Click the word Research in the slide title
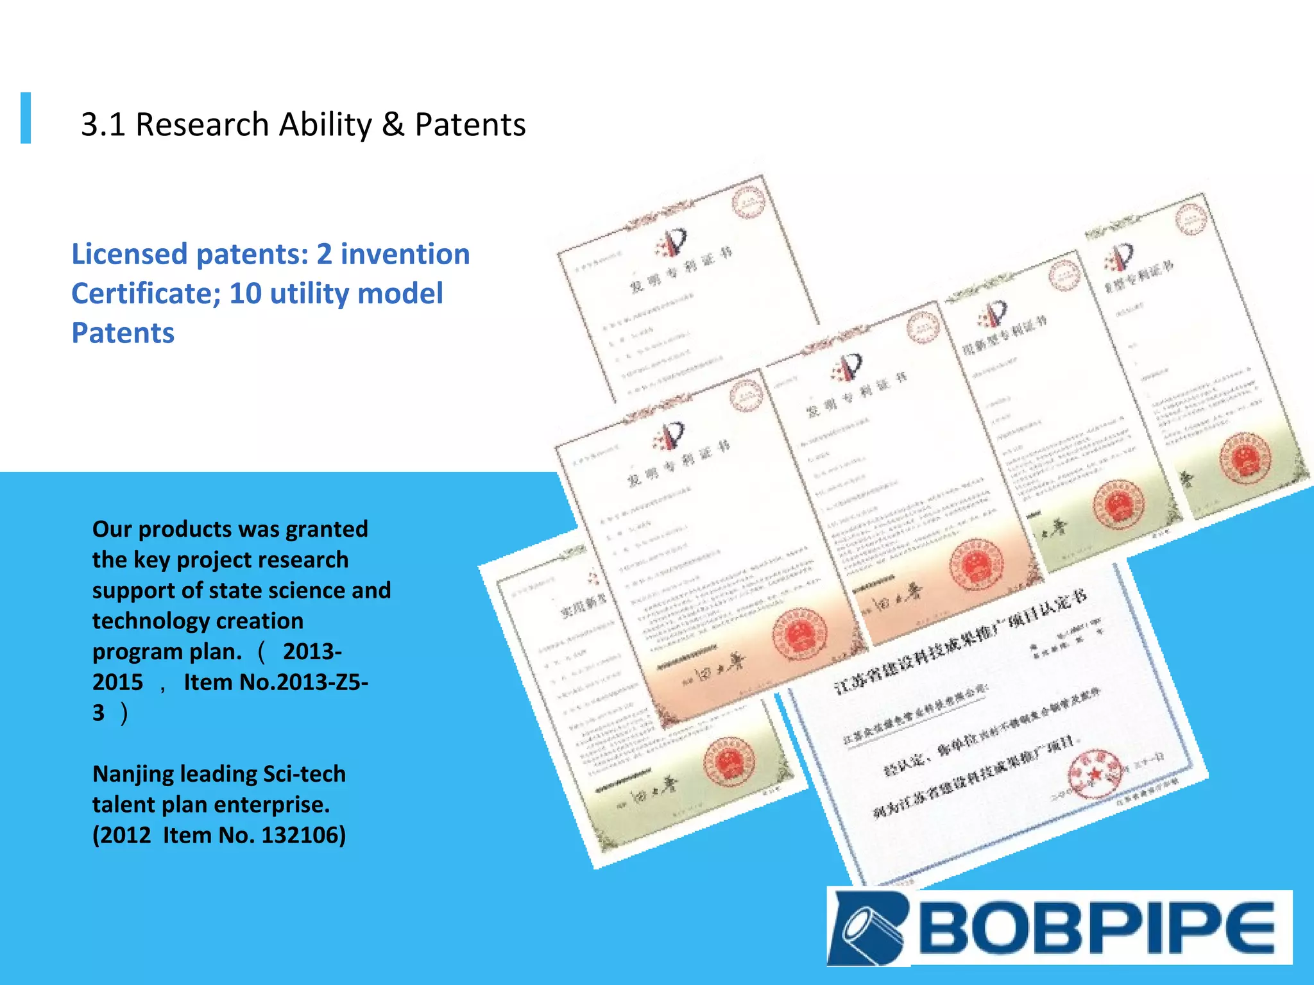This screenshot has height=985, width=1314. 202,124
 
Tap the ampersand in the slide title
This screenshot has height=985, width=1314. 393,124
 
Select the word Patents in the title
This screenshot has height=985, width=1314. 470,124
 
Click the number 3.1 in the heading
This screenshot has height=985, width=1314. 103,124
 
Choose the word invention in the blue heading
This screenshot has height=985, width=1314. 405,254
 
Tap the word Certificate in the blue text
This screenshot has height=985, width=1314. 146,294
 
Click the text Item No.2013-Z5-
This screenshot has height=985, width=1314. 276,682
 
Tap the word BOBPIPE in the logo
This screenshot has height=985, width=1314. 1098,927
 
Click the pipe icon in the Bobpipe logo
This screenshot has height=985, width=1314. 867,927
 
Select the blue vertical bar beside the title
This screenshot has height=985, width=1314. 26,117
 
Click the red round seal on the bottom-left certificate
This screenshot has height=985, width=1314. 728,762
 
